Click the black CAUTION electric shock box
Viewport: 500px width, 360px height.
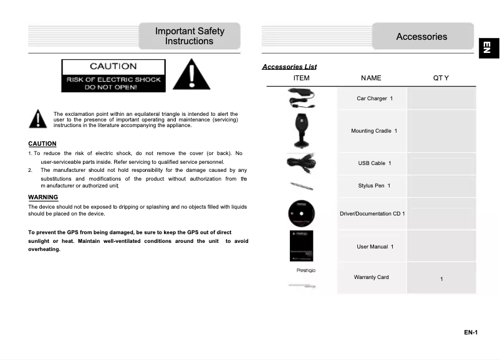(x=113, y=76)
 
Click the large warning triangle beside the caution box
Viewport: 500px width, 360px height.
(x=191, y=75)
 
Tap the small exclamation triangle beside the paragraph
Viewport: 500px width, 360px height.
(x=38, y=119)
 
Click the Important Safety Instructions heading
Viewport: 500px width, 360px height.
(x=190, y=36)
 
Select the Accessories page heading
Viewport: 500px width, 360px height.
(x=421, y=37)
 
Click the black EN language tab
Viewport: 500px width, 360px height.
(x=488, y=47)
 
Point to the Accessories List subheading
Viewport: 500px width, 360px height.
(x=289, y=67)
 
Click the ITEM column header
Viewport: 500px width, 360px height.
(x=301, y=78)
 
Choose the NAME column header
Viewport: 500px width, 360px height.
(x=371, y=78)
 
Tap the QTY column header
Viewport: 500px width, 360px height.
(x=441, y=78)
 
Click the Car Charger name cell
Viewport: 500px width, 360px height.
(x=374, y=98)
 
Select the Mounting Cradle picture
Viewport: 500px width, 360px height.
(x=301, y=130)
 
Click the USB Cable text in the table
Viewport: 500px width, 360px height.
(x=374, y=163)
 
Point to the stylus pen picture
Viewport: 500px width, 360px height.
(x=301, y=186)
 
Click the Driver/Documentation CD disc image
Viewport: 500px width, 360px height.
(x=302, y=214)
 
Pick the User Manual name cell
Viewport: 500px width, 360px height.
(x=374, y=247)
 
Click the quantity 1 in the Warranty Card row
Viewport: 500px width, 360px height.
(x=441, y=279)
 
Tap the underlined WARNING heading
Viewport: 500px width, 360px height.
(x=43, y=197)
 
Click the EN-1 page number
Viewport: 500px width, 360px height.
(x=470, y=333)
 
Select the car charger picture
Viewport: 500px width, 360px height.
(x=302, y=98)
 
